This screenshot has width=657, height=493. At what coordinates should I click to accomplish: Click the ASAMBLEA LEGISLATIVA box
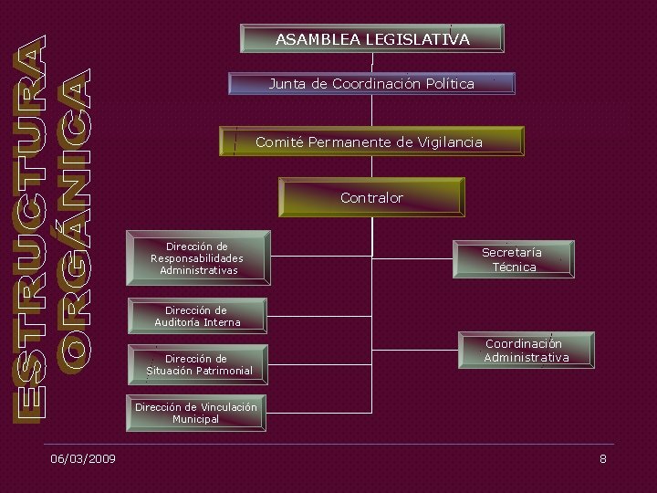[372, 38]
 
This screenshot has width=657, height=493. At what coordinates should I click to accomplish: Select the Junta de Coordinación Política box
[371, 84]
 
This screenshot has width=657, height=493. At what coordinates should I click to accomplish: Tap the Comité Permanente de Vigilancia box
[372, 142]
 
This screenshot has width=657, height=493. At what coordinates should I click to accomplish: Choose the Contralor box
[371, 197]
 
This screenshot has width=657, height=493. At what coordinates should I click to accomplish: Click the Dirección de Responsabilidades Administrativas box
[198, 258]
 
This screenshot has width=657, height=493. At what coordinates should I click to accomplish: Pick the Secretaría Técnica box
[513, 259]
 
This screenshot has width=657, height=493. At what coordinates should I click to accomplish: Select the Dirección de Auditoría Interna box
[197, 316]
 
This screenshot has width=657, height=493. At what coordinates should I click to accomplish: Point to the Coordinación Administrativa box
[527, 351]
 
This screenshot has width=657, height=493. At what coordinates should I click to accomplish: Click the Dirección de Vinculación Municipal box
[196, 413]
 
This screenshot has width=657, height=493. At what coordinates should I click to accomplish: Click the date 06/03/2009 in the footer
[83, 458]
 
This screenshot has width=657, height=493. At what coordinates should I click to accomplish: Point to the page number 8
[602, 458]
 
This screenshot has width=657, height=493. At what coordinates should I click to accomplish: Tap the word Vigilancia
[450, 142]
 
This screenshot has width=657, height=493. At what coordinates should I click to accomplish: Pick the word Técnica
[514, 267]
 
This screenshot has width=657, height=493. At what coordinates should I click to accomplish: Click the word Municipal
[196, 419]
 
